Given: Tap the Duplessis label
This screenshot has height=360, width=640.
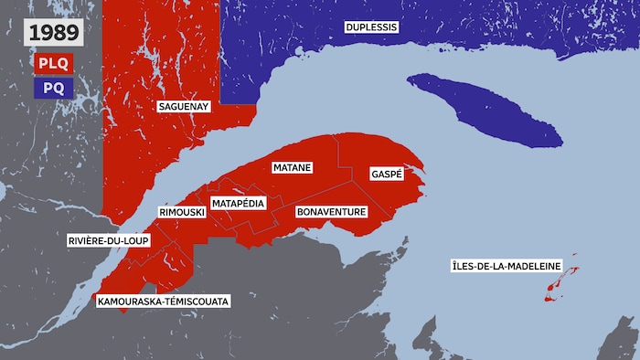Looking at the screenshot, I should pyautogui.click(x=371, y=27).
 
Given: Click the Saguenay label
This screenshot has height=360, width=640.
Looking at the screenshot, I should pyautogui.click(x=184, y=107).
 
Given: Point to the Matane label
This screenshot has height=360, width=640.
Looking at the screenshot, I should pyautogui.click(x=293, y=168).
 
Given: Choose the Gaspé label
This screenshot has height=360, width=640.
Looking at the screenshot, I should pyautogui.click(x=387, y=174).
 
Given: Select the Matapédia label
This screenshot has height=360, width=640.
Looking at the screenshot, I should pyautogui.click(x=239, y=202).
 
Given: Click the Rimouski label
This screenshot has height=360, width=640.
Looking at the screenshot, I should pyautogui.click(x=181, y=212).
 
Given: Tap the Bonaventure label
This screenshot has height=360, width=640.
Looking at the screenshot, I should pyautogui.click(x=332, y=212).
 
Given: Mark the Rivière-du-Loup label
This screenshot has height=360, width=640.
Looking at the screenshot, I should pyautogui.click(x=108, y=241).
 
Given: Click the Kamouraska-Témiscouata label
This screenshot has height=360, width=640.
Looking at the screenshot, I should pyautogui.click(x=165, y=300).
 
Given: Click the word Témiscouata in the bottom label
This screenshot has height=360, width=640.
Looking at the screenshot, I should pyautogui.click(x=198, y=300).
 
